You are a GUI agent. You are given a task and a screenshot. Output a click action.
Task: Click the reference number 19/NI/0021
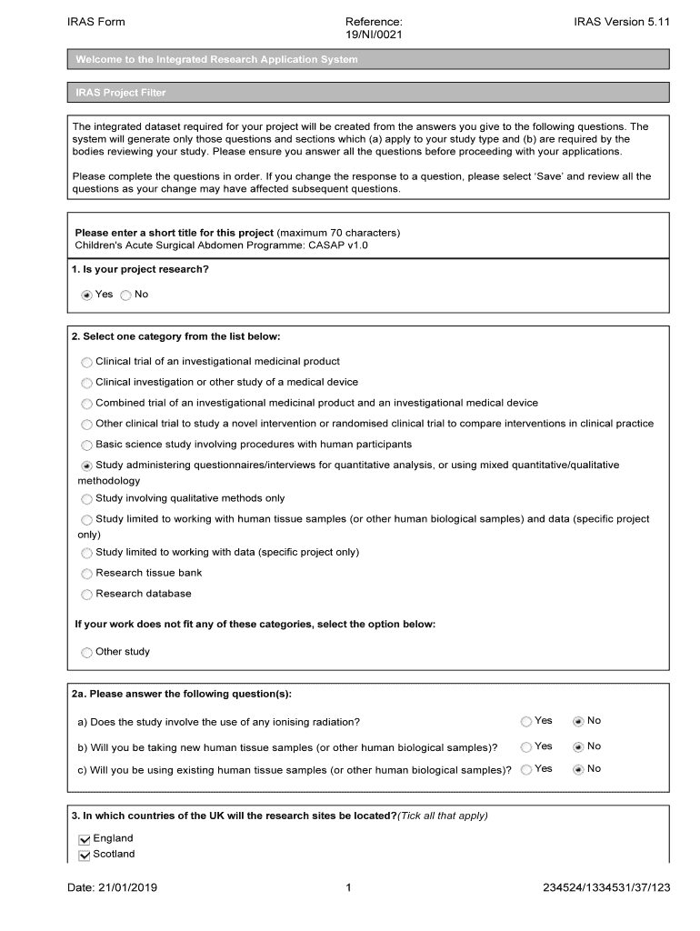pyautogui.click(x=373, y=35)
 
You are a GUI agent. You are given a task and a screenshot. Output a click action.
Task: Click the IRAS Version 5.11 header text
pyautogui.click(x=622, y=21)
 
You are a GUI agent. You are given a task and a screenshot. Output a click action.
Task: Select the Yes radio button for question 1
pyautogui.click(x=86, y=295)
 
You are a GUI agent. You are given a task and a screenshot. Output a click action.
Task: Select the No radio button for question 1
pyautogui.click(x=125, y=295)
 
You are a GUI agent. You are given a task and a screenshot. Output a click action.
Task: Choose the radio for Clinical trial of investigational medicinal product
pyautogui.click(x=86, y=362)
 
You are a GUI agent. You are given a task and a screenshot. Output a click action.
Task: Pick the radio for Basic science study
pyautogui.click(x=86, y=445)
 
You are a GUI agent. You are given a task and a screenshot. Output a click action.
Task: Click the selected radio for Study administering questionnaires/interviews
pyautogui.click(x=86, y=465)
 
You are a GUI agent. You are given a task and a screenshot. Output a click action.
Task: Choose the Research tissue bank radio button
pyautogui.click(x=86, y=574)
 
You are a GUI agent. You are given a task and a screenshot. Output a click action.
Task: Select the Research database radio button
pyautogui.click(x=86, y=595)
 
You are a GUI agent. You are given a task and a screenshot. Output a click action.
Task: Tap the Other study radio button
pyautogui.click(x=86, y=652)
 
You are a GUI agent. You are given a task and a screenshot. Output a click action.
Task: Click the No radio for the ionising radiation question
pyautogui.click(x=578, y=721)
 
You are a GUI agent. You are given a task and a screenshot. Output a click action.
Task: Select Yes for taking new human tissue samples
pyautogui.click(x=526, y=747)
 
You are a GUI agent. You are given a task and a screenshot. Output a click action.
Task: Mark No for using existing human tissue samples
pyautogui.click(x=578, y=769)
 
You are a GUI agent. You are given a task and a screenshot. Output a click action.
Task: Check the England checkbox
pyautogui.click(x=85, y=839)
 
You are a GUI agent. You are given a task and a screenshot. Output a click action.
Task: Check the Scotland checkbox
pyautogui.click(x=85, y=855)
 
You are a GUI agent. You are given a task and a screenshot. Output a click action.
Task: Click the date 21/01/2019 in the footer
pyautogui.click(x=112, y=888)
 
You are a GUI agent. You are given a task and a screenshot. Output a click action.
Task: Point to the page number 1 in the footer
pyautogui.click(x=349, y=888)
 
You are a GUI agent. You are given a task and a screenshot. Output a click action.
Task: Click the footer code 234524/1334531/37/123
pyautogui.click(x=605, y=888)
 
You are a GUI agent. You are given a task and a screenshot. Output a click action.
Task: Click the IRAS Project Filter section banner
pyautogui.click(x=368, y=93)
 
